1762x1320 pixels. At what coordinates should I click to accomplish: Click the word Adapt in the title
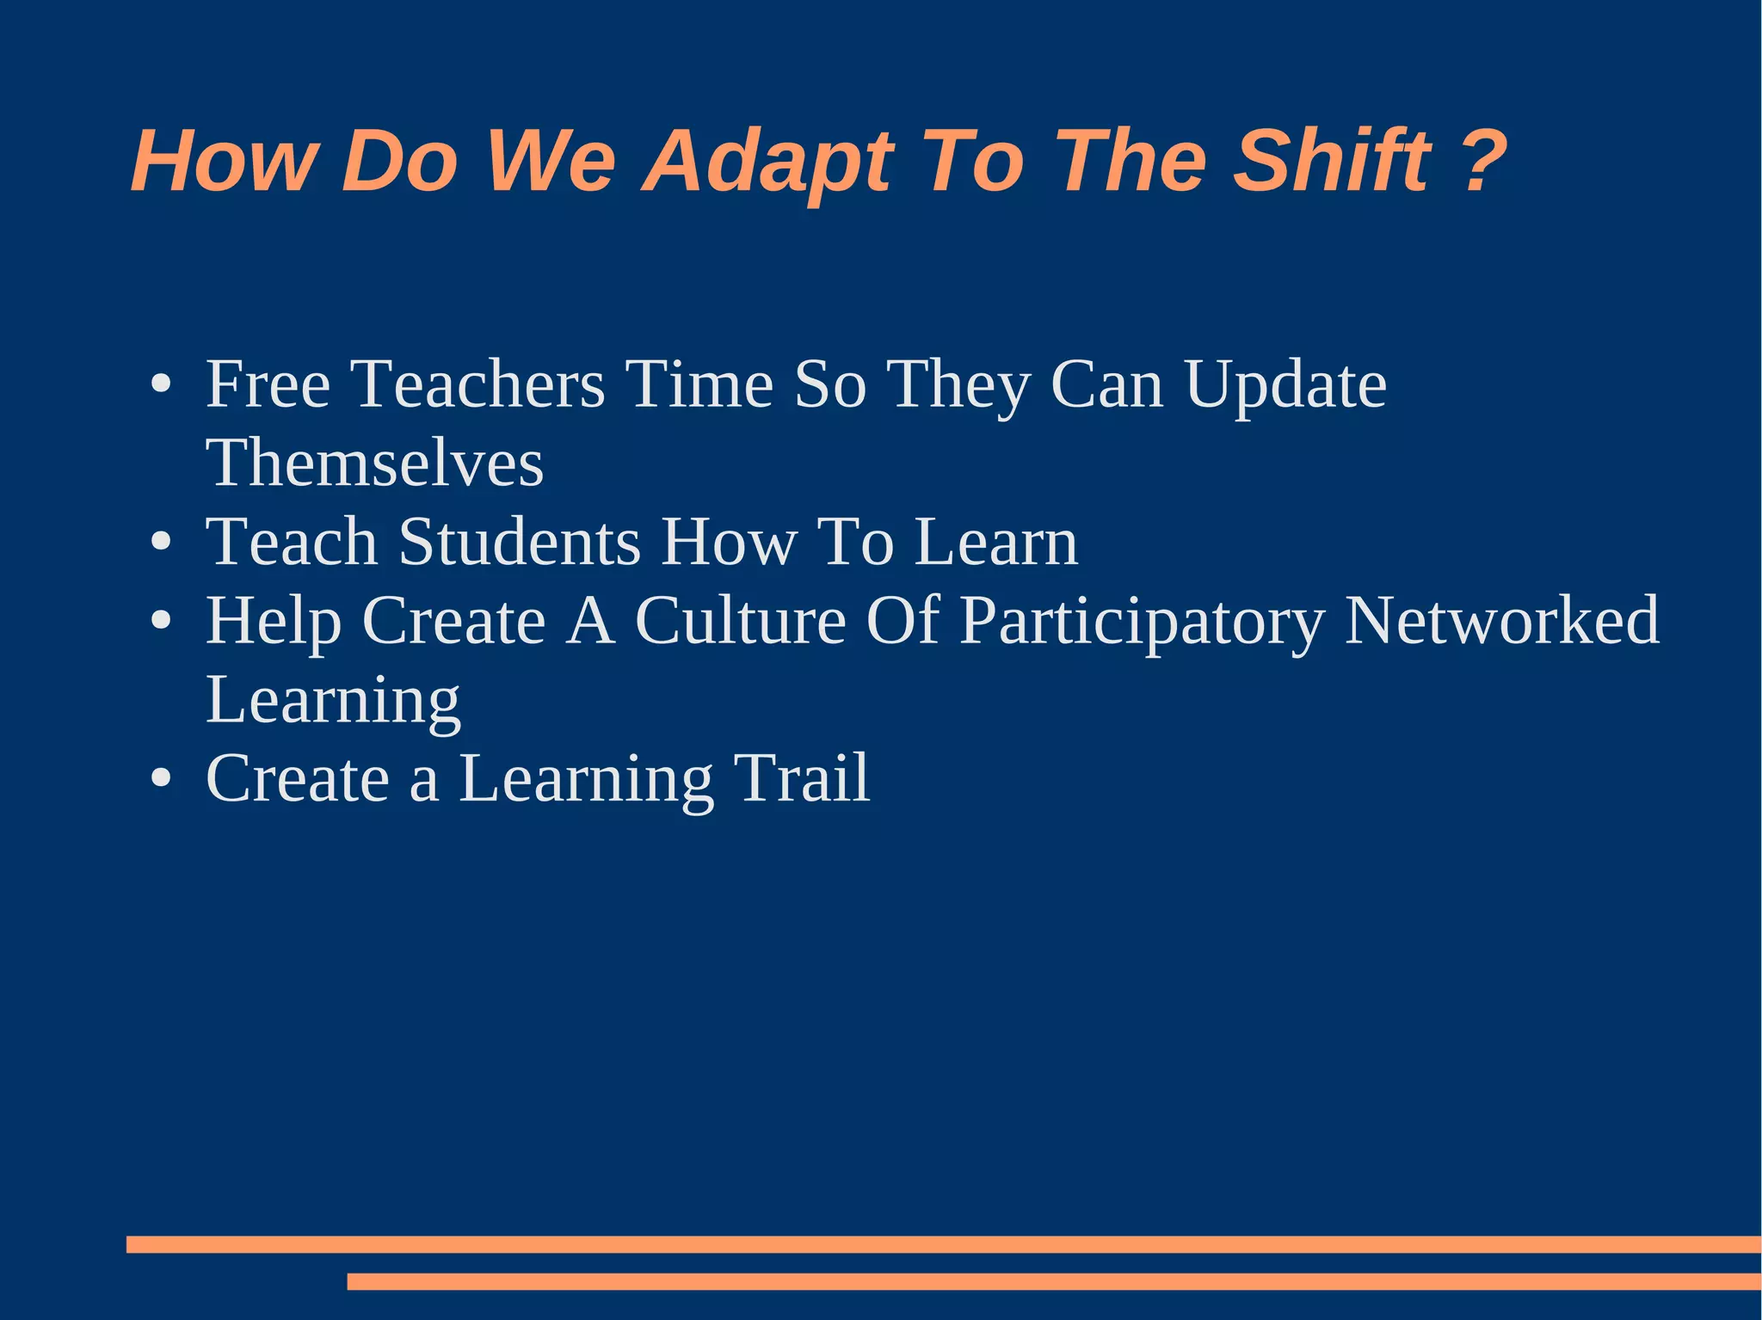coord(768,162)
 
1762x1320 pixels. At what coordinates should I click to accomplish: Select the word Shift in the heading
coord(1332,161)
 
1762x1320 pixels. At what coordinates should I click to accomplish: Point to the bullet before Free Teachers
coord(160,384)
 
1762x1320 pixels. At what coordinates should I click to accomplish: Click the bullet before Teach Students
coord(160,543)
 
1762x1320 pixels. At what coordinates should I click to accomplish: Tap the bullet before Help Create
coord(160,621)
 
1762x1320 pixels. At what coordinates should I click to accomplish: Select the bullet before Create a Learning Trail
coord(160,779)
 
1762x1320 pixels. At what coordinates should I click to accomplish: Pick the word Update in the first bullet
coord(1285,384)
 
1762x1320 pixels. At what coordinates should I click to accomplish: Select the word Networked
coord(1501,620)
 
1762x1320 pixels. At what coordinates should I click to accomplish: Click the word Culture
coord(740,620)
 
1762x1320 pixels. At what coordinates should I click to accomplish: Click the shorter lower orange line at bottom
coord(1053,1281)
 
